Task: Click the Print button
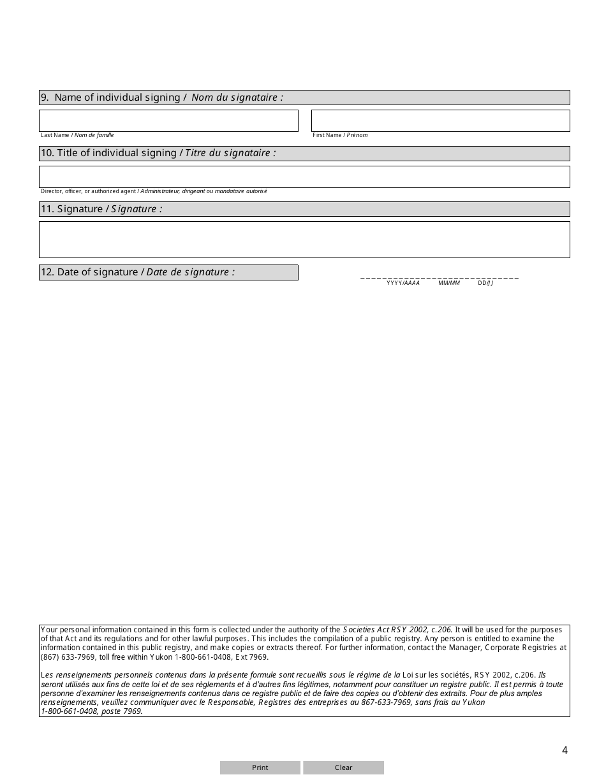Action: coord(260,767)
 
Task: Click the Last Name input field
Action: coord(168,120)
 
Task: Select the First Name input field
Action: coord(440,120)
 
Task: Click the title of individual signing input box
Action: coord(304,177)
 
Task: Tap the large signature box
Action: coord(304,240)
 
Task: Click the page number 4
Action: coord(565,750)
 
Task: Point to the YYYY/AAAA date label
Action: coord(403,283)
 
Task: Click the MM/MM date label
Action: coord(449,283)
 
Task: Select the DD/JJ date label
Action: coord(485,283)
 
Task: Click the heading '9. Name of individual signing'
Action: coord(162,98)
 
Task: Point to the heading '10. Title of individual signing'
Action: coord(158,153)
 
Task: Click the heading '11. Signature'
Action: coord(101,209)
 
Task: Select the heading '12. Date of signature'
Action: coord(138,272)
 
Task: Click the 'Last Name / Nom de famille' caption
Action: coord(77,135)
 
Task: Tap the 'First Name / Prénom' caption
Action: coord(340,135)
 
